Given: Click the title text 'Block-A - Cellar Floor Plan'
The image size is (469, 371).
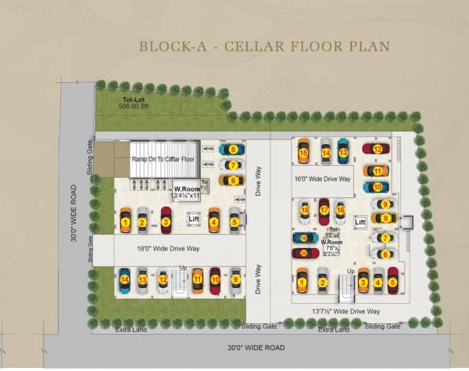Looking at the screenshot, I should (x=264, y=46).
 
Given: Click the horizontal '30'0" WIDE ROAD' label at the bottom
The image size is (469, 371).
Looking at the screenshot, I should (x=255, y=347).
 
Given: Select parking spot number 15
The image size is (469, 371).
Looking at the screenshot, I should (x=303, y=153).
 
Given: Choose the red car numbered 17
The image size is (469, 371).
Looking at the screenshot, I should (x=324, y=211).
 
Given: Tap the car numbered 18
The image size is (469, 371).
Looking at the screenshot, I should (x=305, y=211).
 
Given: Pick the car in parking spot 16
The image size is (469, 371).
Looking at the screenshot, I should (x=340, y=210).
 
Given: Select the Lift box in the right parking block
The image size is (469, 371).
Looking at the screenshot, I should (x=360, y=223).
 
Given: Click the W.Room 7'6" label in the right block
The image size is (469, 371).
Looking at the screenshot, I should (x=331, y=248).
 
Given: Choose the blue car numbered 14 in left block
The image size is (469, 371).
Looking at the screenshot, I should (x=124, y=279).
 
